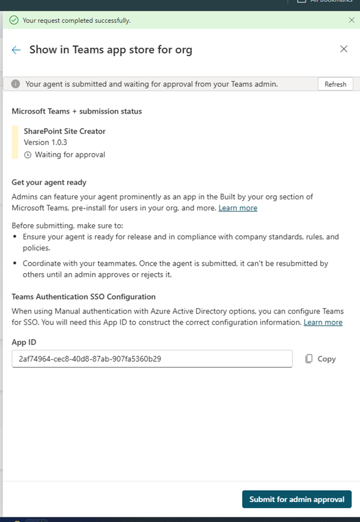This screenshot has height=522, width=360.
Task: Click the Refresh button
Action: (x=335, y=84)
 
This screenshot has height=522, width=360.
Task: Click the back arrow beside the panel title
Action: (x=16, y=50)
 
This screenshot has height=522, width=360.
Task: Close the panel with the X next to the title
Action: (x=344, y=49)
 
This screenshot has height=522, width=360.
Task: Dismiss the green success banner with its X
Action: (x=352, y=20)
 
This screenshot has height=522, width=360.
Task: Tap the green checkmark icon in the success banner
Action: (x=14, y=20)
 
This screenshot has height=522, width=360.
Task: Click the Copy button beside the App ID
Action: (x=320, y=359)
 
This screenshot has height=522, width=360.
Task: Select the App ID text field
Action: (x=152, y=359)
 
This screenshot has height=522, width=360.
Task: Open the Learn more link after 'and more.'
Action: (x=237, y=208)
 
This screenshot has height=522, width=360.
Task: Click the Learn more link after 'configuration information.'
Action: (x=323, y=323)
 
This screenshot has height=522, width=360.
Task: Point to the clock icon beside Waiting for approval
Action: (x=28, y=155)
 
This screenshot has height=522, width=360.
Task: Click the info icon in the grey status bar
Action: (x=16, y=84)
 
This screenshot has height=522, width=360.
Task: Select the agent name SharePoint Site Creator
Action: (x=65, y=131)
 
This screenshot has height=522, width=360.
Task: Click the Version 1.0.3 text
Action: (x=45, y=143)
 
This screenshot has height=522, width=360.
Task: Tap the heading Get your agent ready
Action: (x=50, y=182)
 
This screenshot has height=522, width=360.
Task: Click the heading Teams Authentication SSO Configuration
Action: (x=84, y=297)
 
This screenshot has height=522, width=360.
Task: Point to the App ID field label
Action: (x=24, y=342)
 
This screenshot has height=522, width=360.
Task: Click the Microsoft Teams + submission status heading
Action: (x=77, y=111)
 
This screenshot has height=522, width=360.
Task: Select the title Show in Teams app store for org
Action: (x=111, y=50)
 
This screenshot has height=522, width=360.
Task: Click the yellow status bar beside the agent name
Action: (x=15, y=143)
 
